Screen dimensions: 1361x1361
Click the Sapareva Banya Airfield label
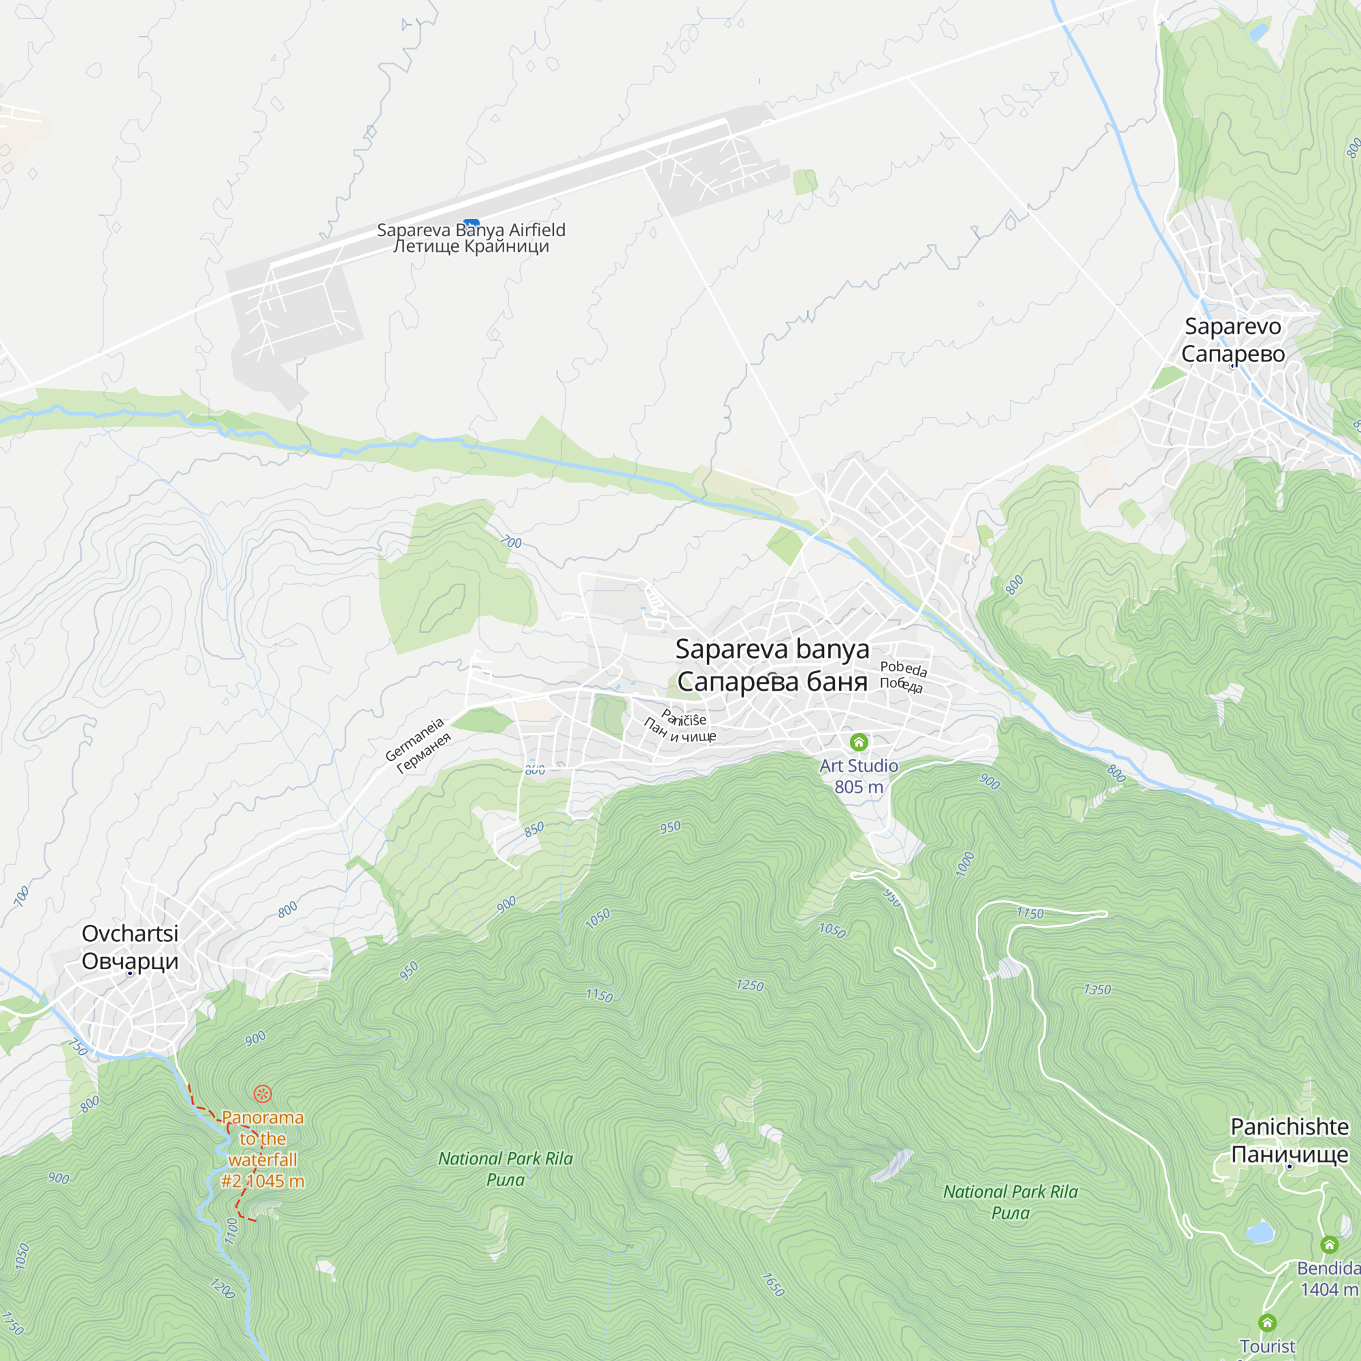pyautogui.click(x=471, y=238)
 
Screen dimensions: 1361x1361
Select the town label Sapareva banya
pyautogui.click(x=772, y=665)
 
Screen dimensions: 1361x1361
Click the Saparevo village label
pyautogui.click(x=1233, y=340)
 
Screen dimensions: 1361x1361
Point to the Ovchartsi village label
pyautogui.click(x=131, y=947)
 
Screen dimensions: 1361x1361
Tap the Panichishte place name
pyautogui.click(x=1289, y=1140)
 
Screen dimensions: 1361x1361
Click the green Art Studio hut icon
pyautogui.click(x=859, y=742)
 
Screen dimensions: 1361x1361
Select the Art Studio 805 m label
pyautogui.click(x=859, y=776)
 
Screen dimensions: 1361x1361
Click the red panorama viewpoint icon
pyautogui.click(x=263, y=1094)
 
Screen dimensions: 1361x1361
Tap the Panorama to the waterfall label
pyautogui.click(x=263, y=1149)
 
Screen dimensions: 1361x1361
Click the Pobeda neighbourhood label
pyautogui.click(x=902, y=676)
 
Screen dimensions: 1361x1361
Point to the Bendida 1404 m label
pyautogui.click(x=1328, y=1279)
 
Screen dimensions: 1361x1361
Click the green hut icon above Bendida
pyautogui.click(x=1329, y=1245)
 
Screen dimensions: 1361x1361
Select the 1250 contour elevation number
pyautogui.click(x=749, y=985)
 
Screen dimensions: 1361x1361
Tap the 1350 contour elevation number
pyautogui.click(x=1097, y=989)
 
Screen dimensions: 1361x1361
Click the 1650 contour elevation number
pyautogui.click(x=774, y=1285)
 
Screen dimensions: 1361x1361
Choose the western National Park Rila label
pyautogui.click(x=505, y=1168)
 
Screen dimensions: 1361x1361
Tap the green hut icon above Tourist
pyautogui.click(x=1267, y=1323)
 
